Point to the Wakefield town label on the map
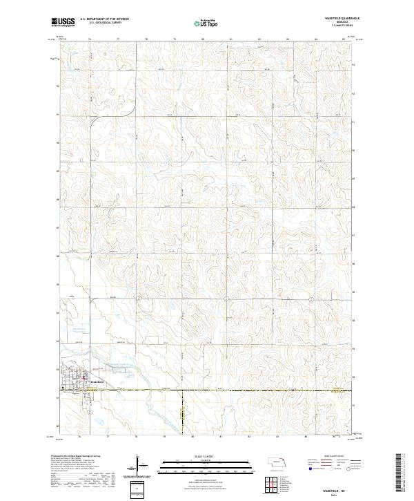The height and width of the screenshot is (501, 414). click(x=95, y=381)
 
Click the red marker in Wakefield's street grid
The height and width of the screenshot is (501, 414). click(x=84, y=378)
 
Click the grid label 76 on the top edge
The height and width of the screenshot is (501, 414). click(x=90, y=39)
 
